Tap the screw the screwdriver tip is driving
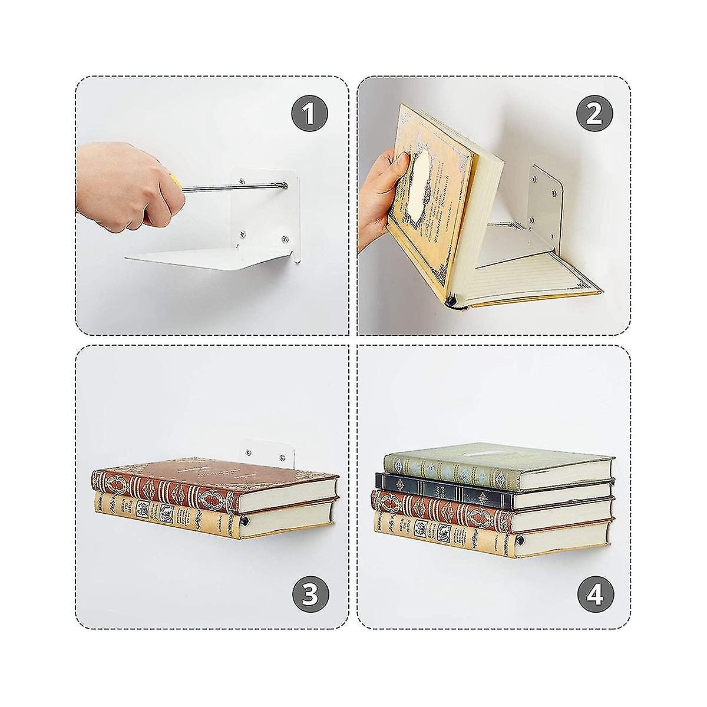click(285, 186)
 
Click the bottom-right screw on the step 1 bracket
click(285, 239)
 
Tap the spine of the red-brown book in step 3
click(165, 490)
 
